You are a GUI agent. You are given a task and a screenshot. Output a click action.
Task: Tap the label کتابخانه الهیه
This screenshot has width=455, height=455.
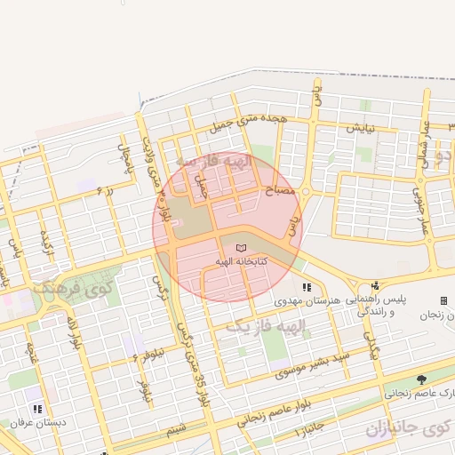click(x=243, y=263)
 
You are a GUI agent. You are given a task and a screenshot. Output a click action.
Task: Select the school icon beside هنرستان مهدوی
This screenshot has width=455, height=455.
click(x=307, y=287)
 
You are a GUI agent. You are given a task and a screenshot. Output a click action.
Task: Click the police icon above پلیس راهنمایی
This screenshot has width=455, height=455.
click(x=375, y=286)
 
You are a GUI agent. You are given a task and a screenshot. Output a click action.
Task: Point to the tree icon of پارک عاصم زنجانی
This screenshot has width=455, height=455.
click(x=421, y=379)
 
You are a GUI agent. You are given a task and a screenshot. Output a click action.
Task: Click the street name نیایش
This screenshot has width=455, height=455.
click(x=360, y=128)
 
